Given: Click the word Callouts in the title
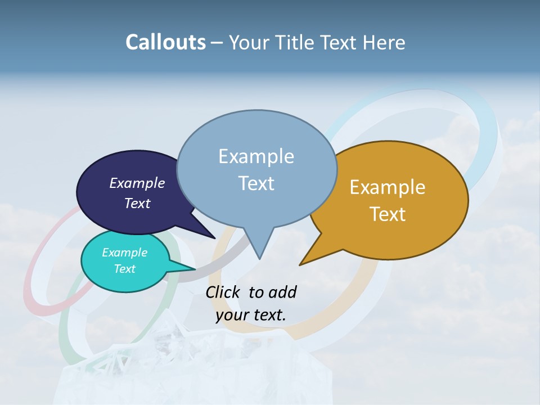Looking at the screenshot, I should point(165,42).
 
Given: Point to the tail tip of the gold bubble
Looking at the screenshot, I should point(300,264).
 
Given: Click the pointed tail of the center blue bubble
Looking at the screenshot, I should point(259,258).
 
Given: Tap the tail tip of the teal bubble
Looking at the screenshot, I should point(195,269).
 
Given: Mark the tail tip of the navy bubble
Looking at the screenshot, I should point(215,238).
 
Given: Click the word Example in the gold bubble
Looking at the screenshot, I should point(388,187).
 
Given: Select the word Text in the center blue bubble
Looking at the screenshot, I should point(256,183).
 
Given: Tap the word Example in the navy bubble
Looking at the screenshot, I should point(137,183).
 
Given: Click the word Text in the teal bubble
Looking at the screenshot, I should point(125,269).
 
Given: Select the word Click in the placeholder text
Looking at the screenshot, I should point(224,292).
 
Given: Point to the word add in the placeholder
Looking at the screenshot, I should point(282,292).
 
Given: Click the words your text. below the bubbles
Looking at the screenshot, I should point(250,315).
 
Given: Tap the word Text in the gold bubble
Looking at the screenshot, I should point(388,214).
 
